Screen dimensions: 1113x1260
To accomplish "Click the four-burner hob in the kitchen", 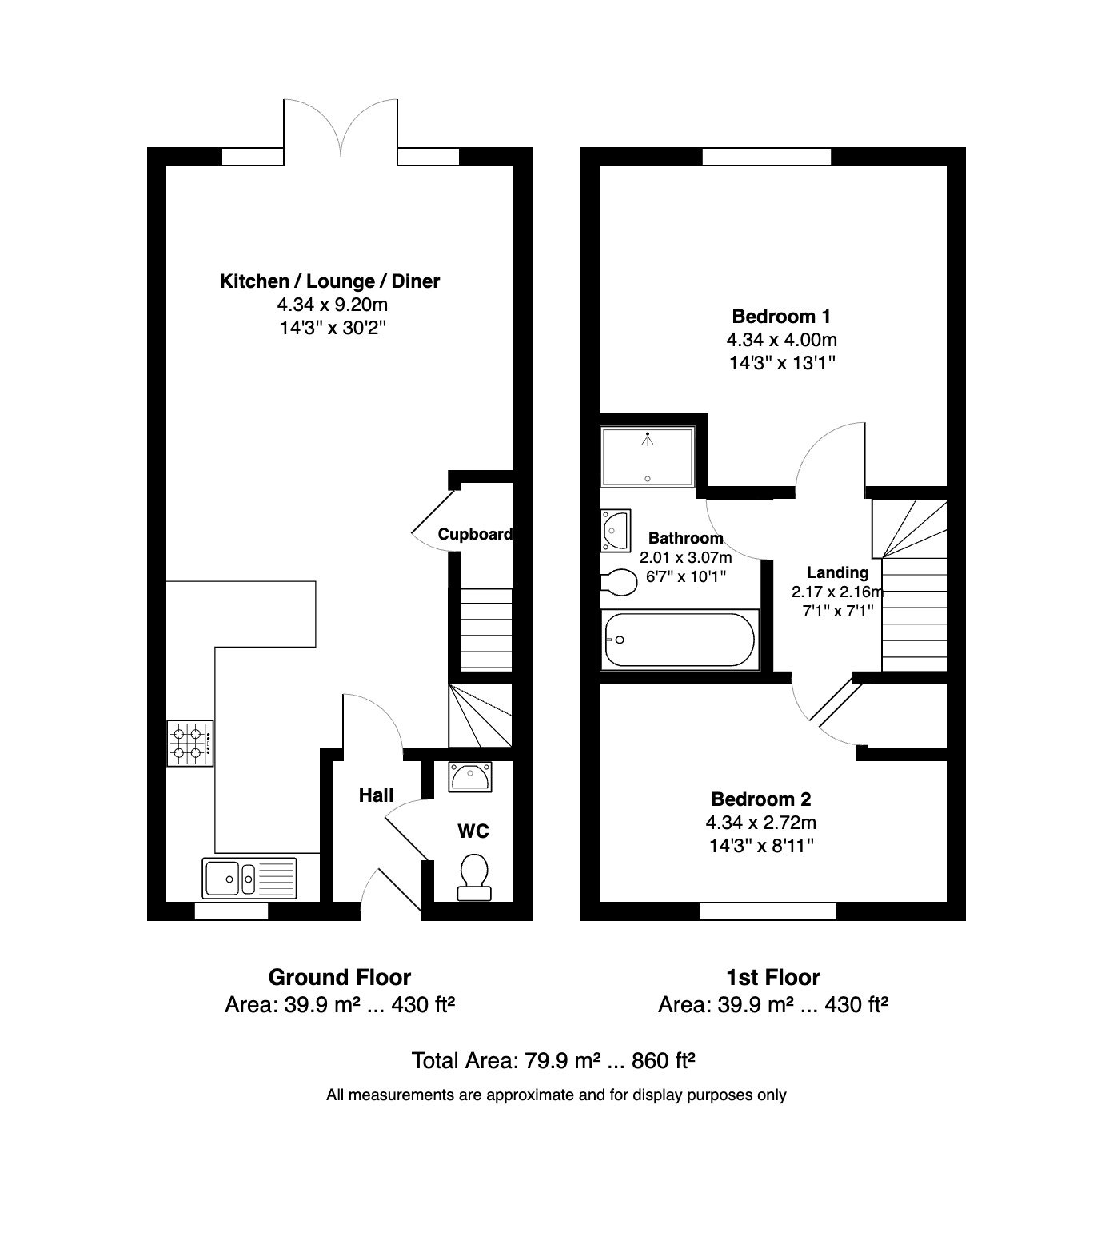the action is click(190, 744).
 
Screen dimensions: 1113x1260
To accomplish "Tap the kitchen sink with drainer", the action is click(249, 878).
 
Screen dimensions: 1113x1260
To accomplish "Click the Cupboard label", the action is click(475, 534).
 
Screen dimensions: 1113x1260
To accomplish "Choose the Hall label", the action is click(376, 795).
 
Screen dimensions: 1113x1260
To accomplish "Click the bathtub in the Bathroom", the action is click(680, 640).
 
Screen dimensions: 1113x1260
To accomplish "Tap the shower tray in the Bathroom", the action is click(648, 457).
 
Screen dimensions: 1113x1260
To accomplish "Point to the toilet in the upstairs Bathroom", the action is click(618, 581).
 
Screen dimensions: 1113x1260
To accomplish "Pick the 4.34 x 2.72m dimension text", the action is click(761, 822).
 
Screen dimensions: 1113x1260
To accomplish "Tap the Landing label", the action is click(837, 572).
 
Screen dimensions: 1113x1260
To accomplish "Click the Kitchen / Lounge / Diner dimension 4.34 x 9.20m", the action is click(333, 304).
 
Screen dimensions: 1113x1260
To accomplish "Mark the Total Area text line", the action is click(553, 1061).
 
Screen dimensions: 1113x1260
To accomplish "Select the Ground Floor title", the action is click(340, 977).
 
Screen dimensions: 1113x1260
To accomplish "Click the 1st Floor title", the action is click(773, 977).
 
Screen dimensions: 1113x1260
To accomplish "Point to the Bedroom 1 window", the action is click(767, 157).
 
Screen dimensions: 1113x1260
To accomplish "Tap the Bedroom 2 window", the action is click(768, 911).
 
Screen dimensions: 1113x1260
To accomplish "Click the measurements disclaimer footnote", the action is click(556, 1095).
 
